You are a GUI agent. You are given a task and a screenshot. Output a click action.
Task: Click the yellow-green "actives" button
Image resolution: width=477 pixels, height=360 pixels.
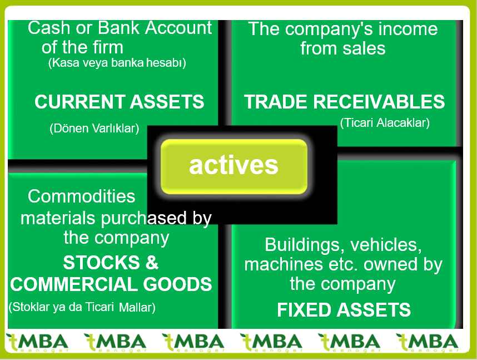click(233, 166)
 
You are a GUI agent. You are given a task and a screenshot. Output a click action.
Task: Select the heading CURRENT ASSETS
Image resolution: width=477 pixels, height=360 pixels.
click(119, 102)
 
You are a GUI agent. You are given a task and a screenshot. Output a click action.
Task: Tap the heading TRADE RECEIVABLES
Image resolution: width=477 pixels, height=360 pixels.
click(344, 102)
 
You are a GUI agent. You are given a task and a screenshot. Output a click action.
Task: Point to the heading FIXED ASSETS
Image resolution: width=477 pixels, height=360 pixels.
click(344, 310)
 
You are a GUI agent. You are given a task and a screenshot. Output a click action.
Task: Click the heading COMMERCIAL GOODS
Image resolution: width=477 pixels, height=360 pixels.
click(111, 284)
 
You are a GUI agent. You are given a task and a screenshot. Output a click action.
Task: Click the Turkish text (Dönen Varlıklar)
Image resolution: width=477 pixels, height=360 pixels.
click(94, 129)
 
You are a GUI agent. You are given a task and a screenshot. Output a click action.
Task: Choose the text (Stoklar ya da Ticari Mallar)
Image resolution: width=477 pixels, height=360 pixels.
click(82, 307)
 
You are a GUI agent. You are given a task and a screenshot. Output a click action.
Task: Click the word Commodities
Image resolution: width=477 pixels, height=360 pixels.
click(82, 196)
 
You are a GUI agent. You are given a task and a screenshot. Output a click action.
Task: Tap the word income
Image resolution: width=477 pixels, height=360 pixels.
click(408, 29)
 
